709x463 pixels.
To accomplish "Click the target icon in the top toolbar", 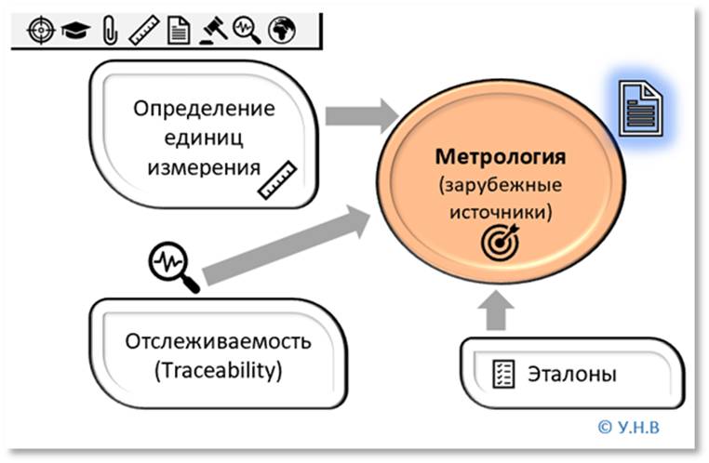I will [39, 31].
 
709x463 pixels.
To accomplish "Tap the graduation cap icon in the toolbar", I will [73, 32].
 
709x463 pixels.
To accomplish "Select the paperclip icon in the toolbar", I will [109, 31].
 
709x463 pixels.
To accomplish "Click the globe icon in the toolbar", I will [280, 31].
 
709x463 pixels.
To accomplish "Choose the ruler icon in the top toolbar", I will [143, 31].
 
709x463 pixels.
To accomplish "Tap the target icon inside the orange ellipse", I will [499, 242].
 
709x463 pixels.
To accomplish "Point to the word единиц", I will [205, 139].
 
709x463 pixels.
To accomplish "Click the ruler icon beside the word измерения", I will [278, 180].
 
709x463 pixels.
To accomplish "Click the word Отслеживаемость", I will [217, 341].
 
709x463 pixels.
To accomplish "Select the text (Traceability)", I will [217, 371].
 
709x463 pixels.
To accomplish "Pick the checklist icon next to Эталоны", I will [503, 376].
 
